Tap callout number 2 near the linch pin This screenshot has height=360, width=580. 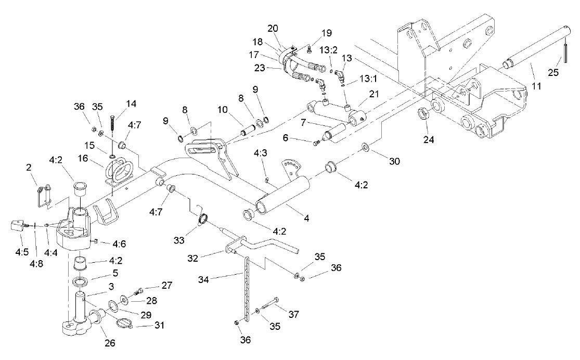pos(30,168)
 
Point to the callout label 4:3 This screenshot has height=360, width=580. pos(261,153)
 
